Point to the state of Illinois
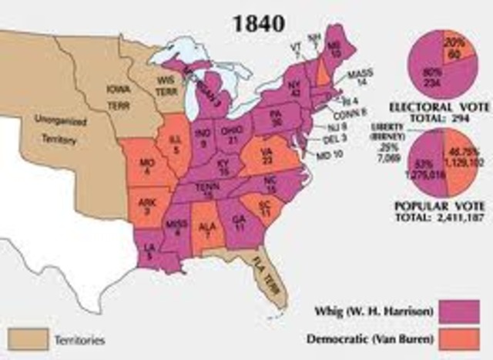(176, 146)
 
